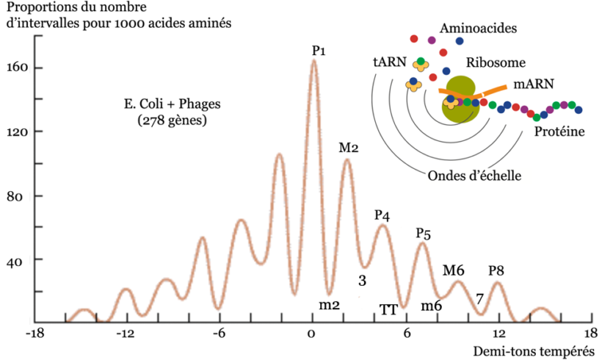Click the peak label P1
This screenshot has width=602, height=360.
point(319,51)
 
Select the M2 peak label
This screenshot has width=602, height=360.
point(348,148)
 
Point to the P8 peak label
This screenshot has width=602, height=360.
point(497,270)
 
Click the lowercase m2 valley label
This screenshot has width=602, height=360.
point(328,304)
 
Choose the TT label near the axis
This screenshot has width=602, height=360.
point(388,309)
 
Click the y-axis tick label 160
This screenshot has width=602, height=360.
point(17,68)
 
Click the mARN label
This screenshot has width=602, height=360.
point(533,84)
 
